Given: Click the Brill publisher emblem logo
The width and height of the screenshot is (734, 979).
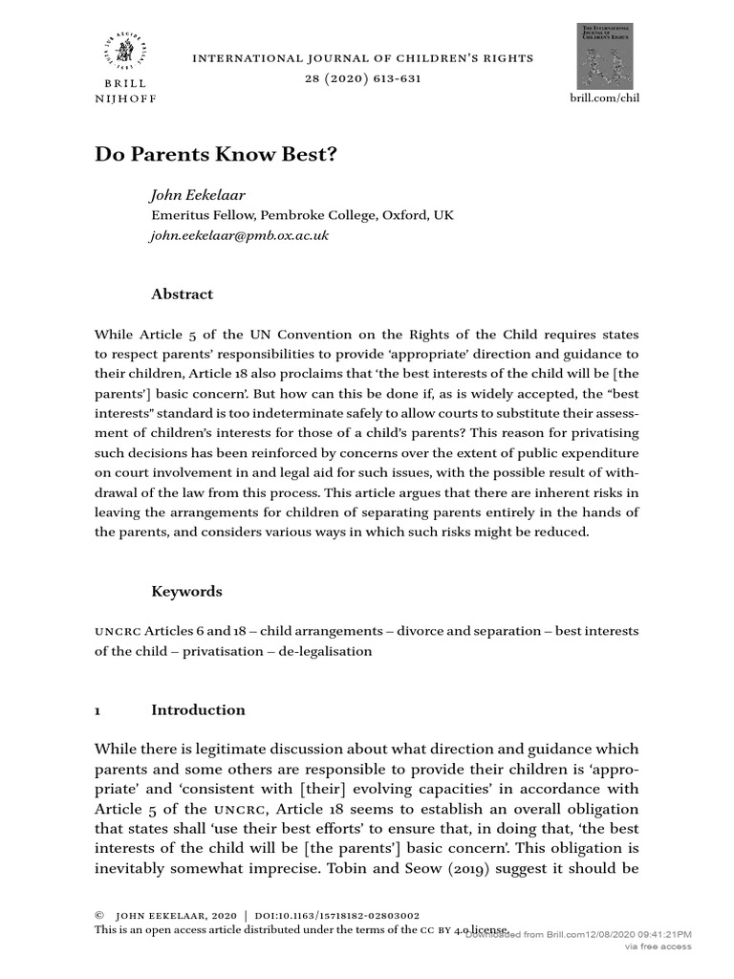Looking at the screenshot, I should [x=126, y=52].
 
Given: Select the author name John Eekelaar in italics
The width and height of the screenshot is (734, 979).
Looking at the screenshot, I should [x=198, y=195].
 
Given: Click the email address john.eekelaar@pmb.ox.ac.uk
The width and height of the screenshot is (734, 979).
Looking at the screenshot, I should [x=240, y=235].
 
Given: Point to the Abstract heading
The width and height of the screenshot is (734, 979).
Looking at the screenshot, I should [x=183, y=294].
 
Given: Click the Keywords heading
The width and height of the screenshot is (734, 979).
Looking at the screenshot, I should [x=186, y=592].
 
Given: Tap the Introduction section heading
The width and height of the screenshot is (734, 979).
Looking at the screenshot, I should [x=198, y=710].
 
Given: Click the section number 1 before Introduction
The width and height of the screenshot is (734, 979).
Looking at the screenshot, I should [x=97, y=710].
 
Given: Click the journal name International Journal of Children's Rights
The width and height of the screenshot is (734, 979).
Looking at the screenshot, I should [x=363, y=58].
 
